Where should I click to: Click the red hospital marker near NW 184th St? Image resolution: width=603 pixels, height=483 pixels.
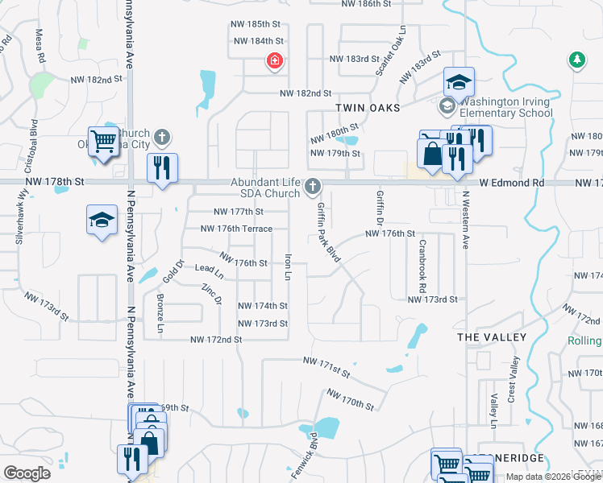click(275, 60)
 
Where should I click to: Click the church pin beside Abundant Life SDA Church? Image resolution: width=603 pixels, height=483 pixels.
click(313, 188)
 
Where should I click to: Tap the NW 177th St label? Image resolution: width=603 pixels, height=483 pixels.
click(238, 212)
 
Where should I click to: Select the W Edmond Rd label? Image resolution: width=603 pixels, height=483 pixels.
click(511, 184)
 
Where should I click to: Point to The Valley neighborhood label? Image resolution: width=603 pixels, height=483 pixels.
click(491, 336)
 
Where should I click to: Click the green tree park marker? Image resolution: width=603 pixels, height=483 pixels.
click(576, 60)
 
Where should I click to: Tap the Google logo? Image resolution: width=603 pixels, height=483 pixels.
click(27, 473)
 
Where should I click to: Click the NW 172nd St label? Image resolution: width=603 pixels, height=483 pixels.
click(216, 341)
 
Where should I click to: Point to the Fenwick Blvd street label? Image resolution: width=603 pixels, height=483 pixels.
click(307, 456)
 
